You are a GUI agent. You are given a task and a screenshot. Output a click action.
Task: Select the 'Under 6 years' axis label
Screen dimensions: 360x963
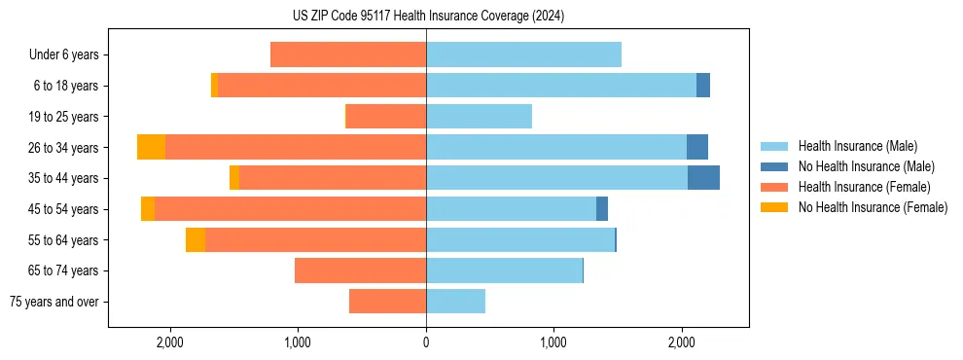click(64, 55)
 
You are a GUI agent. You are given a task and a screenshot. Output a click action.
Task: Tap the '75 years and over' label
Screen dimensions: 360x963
click(54, 303)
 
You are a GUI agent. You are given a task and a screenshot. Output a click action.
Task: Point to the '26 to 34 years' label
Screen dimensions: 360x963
click(64, 148)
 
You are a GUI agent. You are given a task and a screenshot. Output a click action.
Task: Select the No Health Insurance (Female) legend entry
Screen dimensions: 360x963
click(873, 207)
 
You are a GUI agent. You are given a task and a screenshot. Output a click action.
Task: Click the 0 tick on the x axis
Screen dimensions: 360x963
click(426, 342)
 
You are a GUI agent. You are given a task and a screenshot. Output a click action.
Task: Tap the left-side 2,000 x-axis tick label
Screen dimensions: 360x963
click(169, 342)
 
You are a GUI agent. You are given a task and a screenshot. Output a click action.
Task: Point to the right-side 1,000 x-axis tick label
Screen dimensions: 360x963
click(553, 342)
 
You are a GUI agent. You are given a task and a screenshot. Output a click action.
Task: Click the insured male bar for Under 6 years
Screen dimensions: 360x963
click(523, 55)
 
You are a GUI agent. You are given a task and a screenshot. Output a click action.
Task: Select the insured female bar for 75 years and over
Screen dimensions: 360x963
click(387, 303)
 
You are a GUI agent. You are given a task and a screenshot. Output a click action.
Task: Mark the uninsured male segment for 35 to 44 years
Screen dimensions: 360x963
click(703, 178)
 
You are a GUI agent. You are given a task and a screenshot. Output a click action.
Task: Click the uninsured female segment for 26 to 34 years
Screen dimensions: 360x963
click(151, 148)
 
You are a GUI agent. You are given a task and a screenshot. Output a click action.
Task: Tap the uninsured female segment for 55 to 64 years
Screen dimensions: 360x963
click(196, 240)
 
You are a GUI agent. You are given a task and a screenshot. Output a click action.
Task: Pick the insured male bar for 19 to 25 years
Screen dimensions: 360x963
click(479, 117)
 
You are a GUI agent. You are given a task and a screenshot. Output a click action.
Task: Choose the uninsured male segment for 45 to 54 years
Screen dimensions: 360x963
click(602, 209)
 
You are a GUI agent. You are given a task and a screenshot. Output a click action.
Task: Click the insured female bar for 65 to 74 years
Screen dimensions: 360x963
click(360, 271)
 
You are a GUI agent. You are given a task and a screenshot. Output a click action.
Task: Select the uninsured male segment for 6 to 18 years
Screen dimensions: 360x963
click(703, 86)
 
